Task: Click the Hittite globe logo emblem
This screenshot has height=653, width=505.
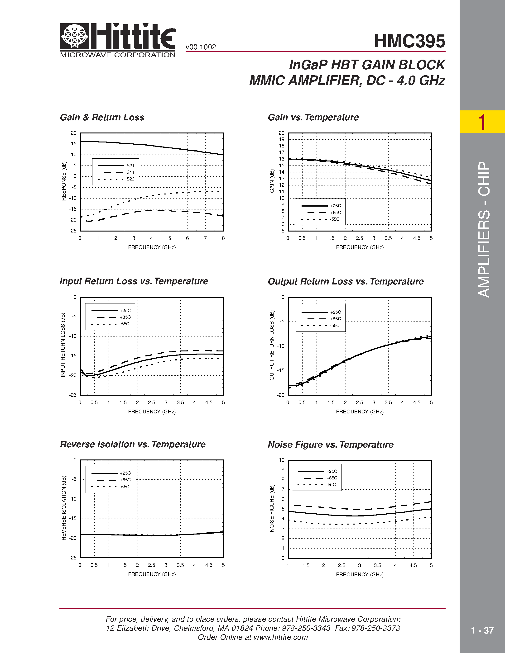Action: [x=74, y=36]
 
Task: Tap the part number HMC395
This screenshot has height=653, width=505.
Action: [x=409, y=41]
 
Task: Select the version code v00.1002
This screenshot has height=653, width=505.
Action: [x=201, y=47]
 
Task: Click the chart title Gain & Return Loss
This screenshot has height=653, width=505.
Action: [x=102, y=117]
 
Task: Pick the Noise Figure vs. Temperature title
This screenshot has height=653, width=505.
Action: [x=330, y=445]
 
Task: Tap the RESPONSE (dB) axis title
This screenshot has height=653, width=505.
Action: [x=64, y=181]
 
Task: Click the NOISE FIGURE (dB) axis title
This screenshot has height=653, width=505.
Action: [x=272, y=508]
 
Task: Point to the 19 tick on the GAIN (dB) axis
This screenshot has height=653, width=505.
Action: [x=282, y=139]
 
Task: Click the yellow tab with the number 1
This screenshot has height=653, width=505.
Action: [x=482, y=122]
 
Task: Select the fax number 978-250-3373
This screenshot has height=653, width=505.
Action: [x=375, y=628]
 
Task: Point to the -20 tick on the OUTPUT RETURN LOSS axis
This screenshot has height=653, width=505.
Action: [x=281, y=395]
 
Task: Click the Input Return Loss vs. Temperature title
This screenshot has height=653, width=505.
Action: [x=134, y=281]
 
